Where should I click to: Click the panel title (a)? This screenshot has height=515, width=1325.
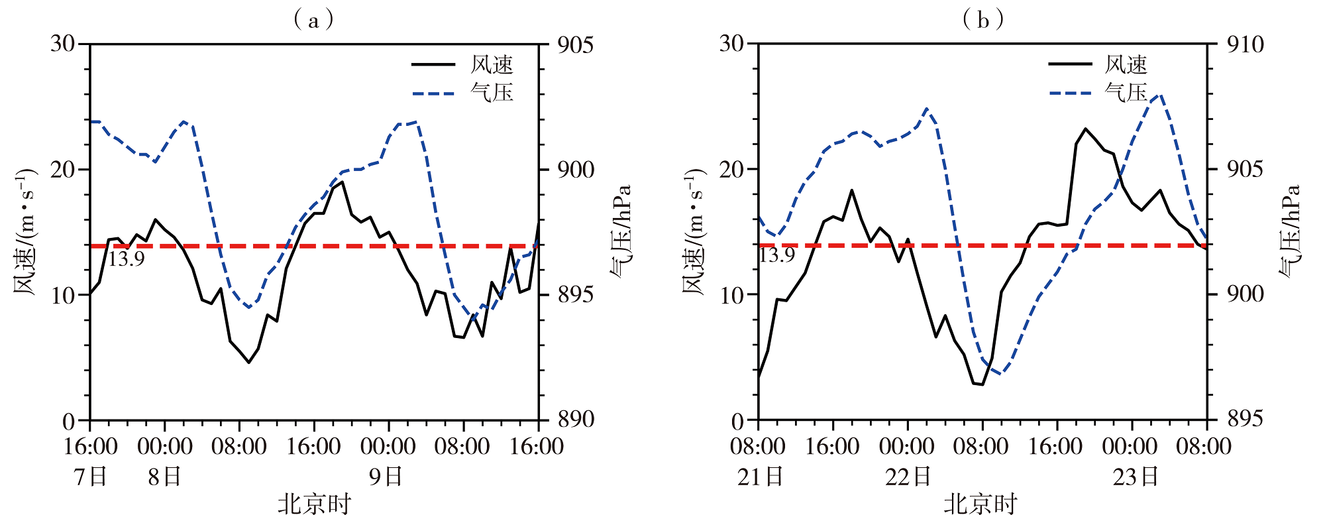(313, 20)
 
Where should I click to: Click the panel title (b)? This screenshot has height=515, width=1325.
(982, 20)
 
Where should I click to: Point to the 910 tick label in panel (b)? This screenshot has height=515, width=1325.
(1245, 45)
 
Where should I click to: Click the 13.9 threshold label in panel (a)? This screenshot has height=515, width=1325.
(126, 258)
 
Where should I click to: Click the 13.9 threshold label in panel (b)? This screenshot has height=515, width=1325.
(776, 255)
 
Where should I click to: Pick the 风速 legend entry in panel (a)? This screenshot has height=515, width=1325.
(492, 64)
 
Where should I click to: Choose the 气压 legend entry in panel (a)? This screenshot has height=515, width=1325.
(492, 92)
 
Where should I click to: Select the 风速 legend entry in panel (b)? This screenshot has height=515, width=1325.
(1126, 64)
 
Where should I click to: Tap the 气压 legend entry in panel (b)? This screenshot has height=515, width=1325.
(1126, 92)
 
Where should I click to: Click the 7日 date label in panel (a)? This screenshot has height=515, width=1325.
(91, 476)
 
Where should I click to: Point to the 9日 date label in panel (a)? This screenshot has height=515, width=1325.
(386, 476)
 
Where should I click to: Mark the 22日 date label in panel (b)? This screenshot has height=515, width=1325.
(908, 476)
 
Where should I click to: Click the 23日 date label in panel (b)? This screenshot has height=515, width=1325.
(1135, 476)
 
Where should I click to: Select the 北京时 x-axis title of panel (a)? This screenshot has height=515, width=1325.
(314, 504)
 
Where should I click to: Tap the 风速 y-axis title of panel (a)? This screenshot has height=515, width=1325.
(24, 231)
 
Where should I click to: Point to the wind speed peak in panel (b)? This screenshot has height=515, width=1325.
(1085, 129)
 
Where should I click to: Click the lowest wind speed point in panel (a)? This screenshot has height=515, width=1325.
(249, 363)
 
